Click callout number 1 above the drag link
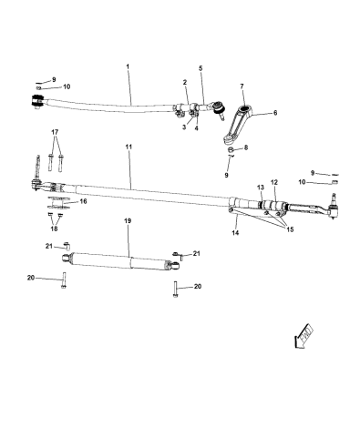click(x=129, y=66)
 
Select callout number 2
click(x=184, y=83)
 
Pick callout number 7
click(x=242, y=86)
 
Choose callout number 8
click(x=244, y=146)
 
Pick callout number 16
click(x=85, y=202)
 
